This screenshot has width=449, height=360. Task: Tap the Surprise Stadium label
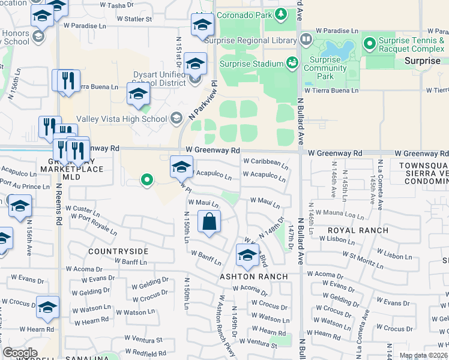(x=252, y=64)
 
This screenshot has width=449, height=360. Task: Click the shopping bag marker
(x=208, y=221)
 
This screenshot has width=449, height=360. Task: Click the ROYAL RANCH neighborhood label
(x=349, y=230)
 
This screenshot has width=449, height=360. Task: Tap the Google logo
(x=20, y=353)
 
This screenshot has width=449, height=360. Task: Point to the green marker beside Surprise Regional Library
(x=307, y=40)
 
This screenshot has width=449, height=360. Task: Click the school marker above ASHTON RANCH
(x=247, y=256)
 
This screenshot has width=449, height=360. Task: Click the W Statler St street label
(x=134, y=19)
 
